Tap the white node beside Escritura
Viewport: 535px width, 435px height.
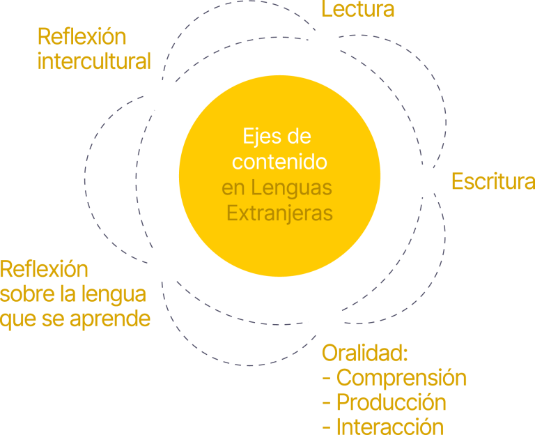[424, 181]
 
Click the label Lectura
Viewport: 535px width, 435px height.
[358, 10]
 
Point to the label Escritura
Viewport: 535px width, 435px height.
[493, 181]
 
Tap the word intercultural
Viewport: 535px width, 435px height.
[94, 61]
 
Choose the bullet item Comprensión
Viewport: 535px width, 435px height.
[401, 378]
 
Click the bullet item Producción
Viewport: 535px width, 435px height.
[391, 402]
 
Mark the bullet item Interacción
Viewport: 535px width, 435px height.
[389, 426]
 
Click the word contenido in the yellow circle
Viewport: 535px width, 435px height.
[280, 162]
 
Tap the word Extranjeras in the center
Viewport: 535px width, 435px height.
[280, 213]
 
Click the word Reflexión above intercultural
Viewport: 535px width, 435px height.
[82, 36]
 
